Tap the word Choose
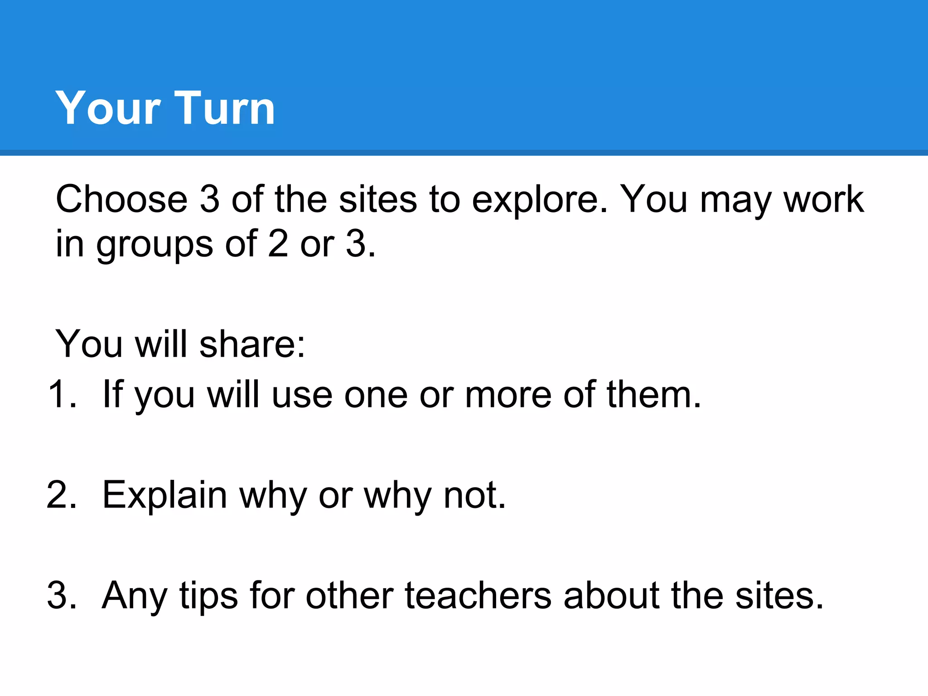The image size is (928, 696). click(121, 199)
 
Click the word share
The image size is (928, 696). click(252, 344)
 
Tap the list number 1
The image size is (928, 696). click(62, 394)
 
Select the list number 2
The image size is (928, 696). click(62, 495)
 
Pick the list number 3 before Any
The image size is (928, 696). click(62, 595)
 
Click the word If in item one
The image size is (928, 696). click(113, 394)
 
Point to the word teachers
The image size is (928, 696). click(478, 595)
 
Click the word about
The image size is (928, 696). click(612, 595)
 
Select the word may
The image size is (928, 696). click(735, 201)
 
